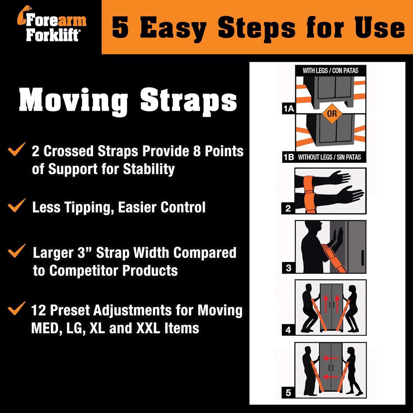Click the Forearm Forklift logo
point(52,27)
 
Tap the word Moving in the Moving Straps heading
point(73,101)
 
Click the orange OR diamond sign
point(332,113)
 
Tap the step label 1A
point(288,109)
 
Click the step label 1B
point(289,157)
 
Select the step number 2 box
point(288,208)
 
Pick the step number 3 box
point(288,268)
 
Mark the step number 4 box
point(288,330)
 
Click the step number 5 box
point(288,393)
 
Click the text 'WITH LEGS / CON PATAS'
point(330,70)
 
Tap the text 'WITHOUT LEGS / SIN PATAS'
point(329,157)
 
